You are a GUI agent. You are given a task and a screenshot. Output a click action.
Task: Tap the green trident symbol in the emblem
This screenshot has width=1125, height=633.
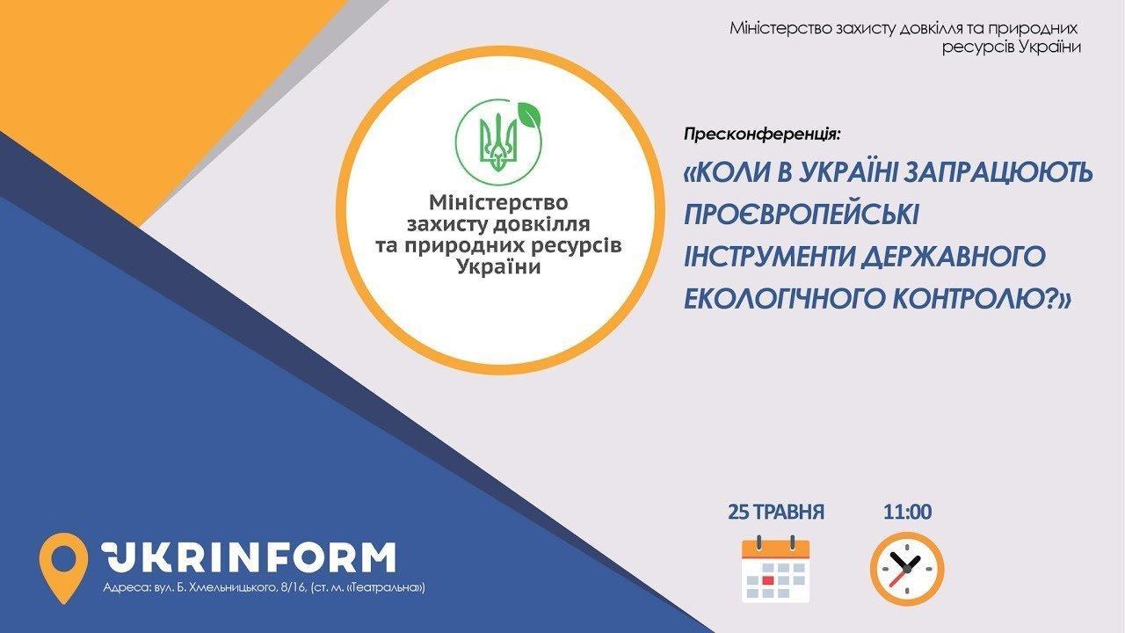[498, 142]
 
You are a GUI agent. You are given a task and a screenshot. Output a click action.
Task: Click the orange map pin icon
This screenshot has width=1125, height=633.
[63, 568]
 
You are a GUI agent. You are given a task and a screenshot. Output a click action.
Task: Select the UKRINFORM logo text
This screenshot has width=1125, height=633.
[249, 557]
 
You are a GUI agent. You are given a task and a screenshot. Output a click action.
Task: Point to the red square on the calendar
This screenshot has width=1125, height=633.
[768, 580]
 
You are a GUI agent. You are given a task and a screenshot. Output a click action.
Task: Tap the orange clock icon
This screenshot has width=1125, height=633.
[907, 569]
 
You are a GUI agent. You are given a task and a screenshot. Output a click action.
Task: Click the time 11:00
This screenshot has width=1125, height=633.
[908, 512]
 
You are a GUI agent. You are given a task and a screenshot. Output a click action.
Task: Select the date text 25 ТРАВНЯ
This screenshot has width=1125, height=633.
[776, 512]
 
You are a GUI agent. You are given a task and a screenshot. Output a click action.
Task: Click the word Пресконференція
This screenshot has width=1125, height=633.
[761, 135]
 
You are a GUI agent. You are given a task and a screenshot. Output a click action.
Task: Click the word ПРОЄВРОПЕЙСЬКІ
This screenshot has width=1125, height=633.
[802, 215]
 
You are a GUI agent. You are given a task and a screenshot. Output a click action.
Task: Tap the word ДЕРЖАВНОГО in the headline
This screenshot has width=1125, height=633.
[954, 256]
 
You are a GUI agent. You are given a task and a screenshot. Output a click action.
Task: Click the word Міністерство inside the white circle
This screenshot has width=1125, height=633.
[498, 202]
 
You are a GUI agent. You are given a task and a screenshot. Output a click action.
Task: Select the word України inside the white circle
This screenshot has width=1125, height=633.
[498, 266]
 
